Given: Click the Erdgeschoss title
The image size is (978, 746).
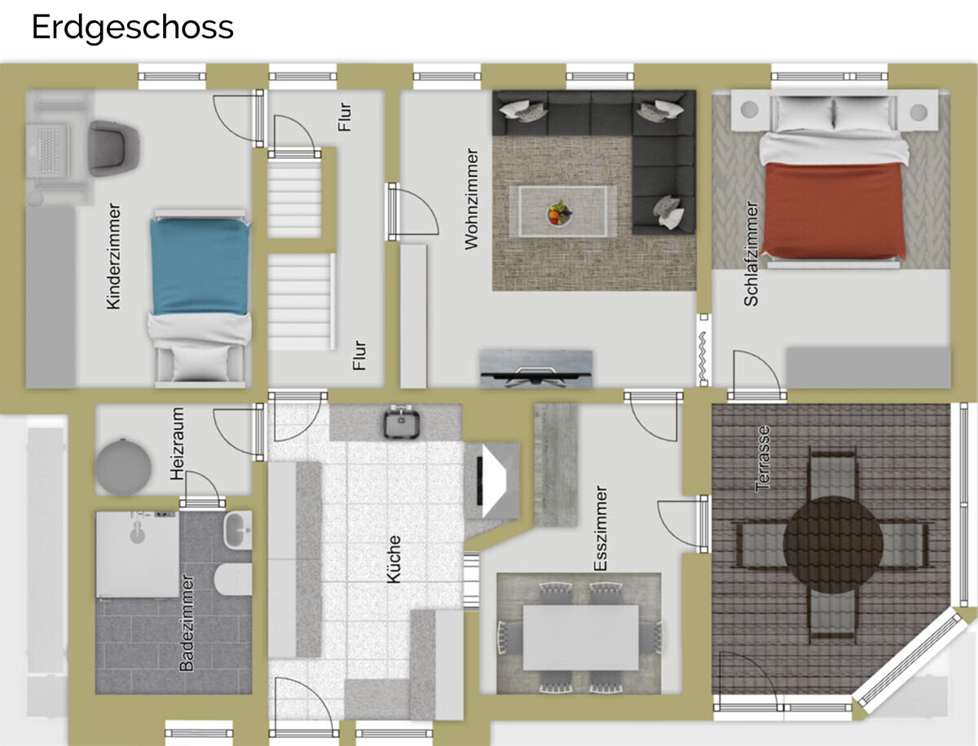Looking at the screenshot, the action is pyautogui.click(x=132, y=28).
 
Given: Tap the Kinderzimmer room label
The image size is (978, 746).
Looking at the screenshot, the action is pyautogui.click(x=113, y=256).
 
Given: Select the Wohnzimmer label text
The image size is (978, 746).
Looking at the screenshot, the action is pyautogui.click(x=471, y=199).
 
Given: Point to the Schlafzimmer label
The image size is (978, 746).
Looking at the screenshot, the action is pyautogui.click(x=751, y=254).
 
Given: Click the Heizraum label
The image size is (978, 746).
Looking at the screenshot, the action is pyautogui.click(x=177, y=444).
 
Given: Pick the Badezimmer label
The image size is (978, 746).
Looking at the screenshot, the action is pyautogui.click(x=187, y=623).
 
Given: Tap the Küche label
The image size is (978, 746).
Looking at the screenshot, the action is pyautogui.click(x=394, y=559).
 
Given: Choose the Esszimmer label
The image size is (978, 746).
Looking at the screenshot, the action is pyautogui.click(x=601, y=528).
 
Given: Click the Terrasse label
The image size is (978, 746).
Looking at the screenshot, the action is pyautogui.click(x=763, y=459).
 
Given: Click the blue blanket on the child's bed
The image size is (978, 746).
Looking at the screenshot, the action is pyautogui.click(x=200, y=267).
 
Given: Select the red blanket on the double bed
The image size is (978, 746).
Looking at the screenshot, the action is pyautogui.click(x=833, y=210).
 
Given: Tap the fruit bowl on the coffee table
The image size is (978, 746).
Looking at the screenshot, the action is pyautogui.click(x=560, y=214).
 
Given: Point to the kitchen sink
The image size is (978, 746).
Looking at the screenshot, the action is pyautogui.click(x=403, y=423).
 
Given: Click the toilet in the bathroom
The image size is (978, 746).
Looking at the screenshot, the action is pyautogui.click(x=233, y=580).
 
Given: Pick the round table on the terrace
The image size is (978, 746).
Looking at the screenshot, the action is pyautogui.click(x=833, y=545).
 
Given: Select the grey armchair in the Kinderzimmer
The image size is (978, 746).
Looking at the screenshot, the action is pyautogui.click(x=114, y=148).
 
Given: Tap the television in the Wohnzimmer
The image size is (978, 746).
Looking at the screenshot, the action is pyautogui.click(x=536, y=369).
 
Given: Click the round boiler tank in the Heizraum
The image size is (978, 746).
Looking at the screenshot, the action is pyautogui.click(x=122, y=466).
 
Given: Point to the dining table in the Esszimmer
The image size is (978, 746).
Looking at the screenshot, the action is pyautogui.click(x=580, y=638).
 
